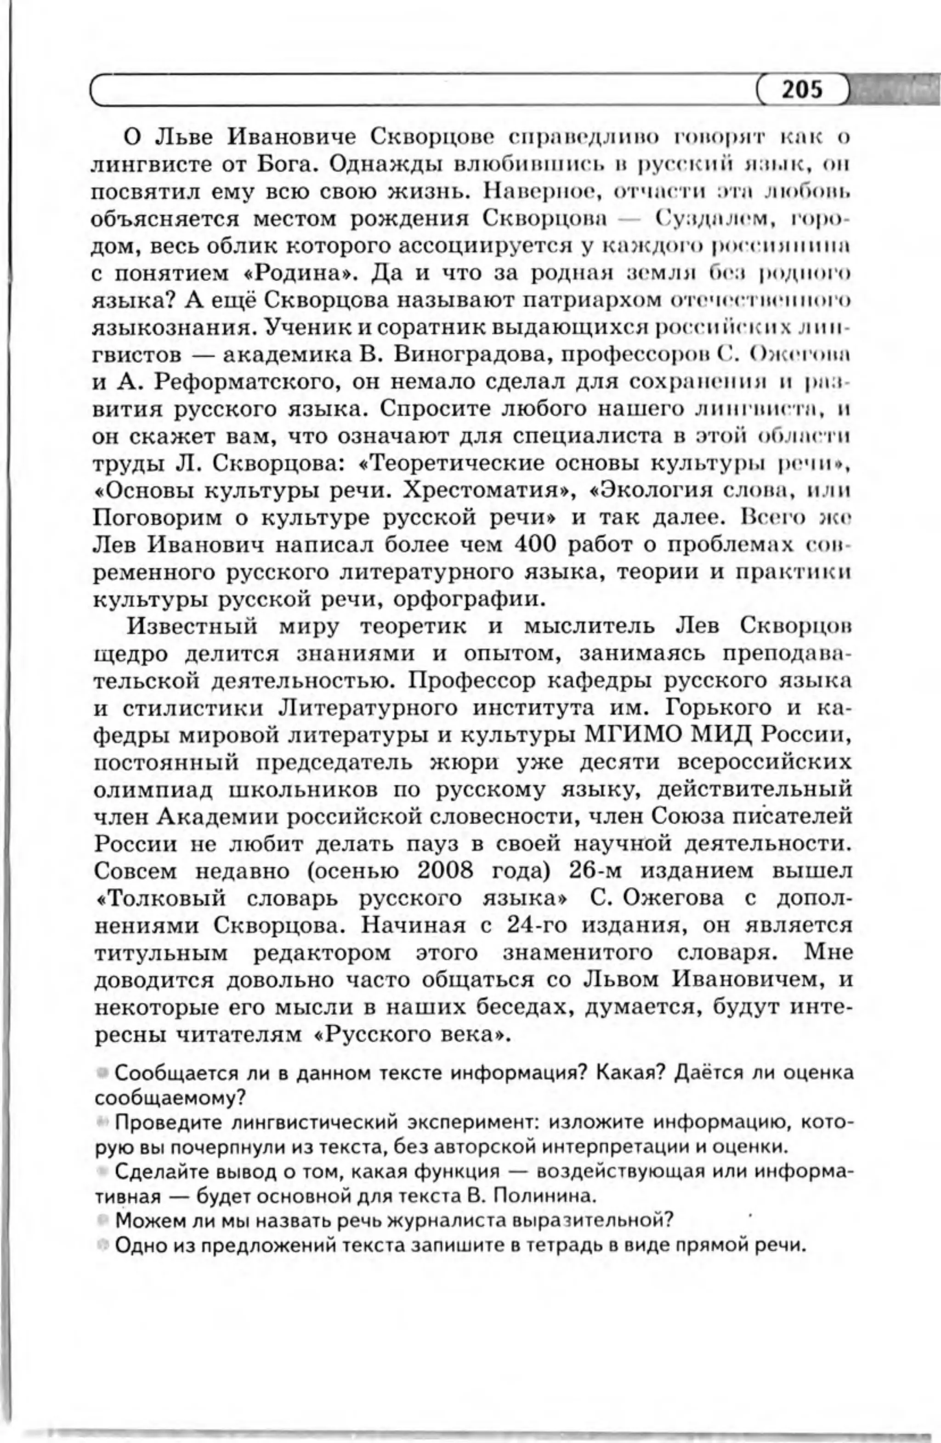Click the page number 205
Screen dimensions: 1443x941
pos(801,89)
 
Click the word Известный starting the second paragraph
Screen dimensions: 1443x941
pos(191,626)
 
